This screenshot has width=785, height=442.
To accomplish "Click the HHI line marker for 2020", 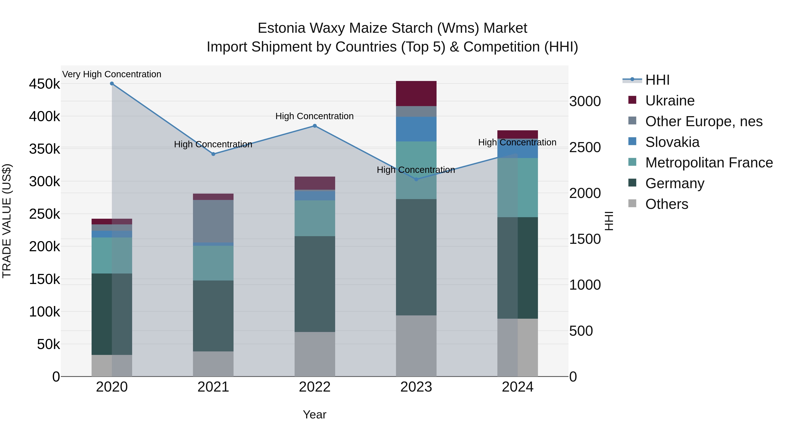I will pos(112,84).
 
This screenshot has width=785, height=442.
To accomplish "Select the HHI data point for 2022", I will pos(315,126).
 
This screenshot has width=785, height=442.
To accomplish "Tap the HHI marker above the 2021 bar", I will pos(213,154).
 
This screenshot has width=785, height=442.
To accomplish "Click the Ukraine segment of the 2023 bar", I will pos(416,94).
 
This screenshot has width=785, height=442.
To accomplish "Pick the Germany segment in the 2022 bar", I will pos(315,284).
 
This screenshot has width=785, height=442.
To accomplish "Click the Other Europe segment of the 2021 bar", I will pos(213,221).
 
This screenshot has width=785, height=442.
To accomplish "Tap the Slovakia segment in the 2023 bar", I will pos(416,129).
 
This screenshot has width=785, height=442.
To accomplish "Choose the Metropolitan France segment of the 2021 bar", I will pos(213,263).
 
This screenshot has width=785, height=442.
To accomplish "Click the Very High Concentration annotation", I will pos(112,74).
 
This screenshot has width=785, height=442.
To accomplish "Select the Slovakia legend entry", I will pos(672,142).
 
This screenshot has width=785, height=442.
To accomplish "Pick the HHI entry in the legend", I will pos(657,80).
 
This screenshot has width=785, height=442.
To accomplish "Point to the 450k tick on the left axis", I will pos(44,84).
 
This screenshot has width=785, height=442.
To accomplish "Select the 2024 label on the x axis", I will pos(517,387).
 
